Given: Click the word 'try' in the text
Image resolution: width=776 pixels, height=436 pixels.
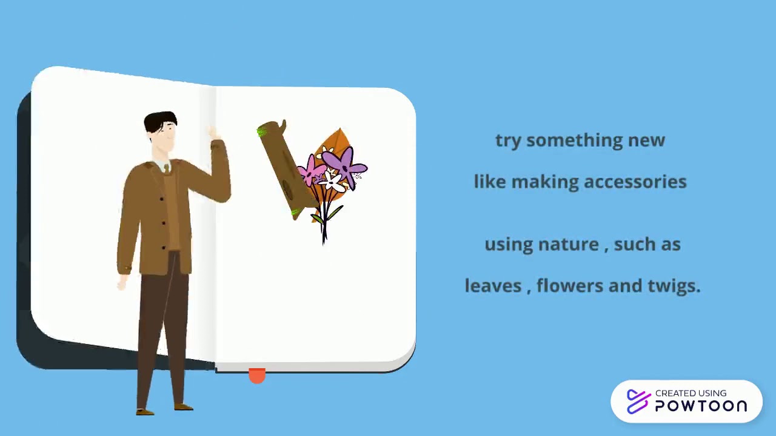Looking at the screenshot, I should click(x=508, y=140).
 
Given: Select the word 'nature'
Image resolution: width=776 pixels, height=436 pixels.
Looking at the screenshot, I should click(x=568, y=245).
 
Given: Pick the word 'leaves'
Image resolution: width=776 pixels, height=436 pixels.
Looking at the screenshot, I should click(x=493, y=286).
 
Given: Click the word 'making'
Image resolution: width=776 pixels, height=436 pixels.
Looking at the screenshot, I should click(x=544, y=182).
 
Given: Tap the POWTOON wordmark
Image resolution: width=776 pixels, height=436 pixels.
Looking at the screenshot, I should click(x=701, y=406).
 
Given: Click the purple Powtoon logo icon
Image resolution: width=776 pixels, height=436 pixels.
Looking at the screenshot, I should click(x=638, y=401).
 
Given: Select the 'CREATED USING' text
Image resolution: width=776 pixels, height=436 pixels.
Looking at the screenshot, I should click(x=691, y=393).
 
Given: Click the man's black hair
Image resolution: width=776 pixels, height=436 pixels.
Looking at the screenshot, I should click(x=159, y=120).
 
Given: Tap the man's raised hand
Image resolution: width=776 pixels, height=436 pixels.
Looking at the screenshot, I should click(x=213, y=133).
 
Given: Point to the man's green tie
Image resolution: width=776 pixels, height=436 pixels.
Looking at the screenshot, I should click(x=167, y=169).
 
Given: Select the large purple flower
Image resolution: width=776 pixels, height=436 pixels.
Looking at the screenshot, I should click(x=344, y=165).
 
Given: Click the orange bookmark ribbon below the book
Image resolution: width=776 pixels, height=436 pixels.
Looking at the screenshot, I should click(x=257, y=376).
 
